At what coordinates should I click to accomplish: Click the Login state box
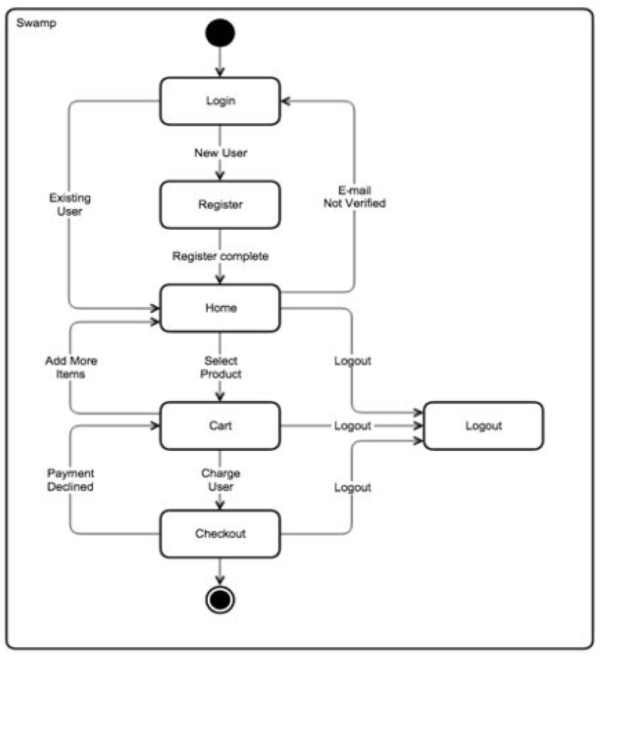(x=220, y=101)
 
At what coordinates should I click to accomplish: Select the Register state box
(x=220, y=205)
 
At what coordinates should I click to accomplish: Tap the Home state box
(x=220, y=308)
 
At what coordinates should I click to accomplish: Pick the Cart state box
(x=220, y=426)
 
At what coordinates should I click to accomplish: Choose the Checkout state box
(x=220, y=534)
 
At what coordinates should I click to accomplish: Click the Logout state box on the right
(x=484, y=426)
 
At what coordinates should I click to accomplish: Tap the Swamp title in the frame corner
(x=36, y=23)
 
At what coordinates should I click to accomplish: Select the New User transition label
(x=220, y=153)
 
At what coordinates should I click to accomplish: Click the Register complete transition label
(x=220, y=256)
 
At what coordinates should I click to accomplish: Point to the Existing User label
(x=69, y=205)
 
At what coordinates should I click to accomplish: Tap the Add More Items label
(x=70, y=367)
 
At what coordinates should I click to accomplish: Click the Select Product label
(x=220, y=367)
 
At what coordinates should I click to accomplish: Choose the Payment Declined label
(x=70, y=480)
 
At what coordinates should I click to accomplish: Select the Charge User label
(x=220, y=480)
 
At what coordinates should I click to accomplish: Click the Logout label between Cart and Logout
(x=352, y=426)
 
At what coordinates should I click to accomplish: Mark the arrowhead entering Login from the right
(x=285, y=101)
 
